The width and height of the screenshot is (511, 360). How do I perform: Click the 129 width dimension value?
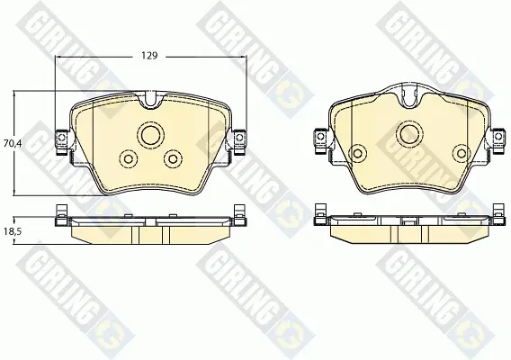149,56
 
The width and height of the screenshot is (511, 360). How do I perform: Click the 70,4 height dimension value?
13,143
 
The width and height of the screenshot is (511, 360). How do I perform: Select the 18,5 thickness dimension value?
13,231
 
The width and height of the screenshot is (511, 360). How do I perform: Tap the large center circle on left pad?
151,135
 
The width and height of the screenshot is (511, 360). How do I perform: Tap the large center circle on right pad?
409,134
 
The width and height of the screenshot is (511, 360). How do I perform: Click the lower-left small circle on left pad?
129,158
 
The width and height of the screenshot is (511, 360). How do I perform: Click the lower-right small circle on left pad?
173,158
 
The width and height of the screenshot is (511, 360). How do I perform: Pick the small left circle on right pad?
357,153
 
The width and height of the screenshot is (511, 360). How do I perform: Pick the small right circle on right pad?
462,153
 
